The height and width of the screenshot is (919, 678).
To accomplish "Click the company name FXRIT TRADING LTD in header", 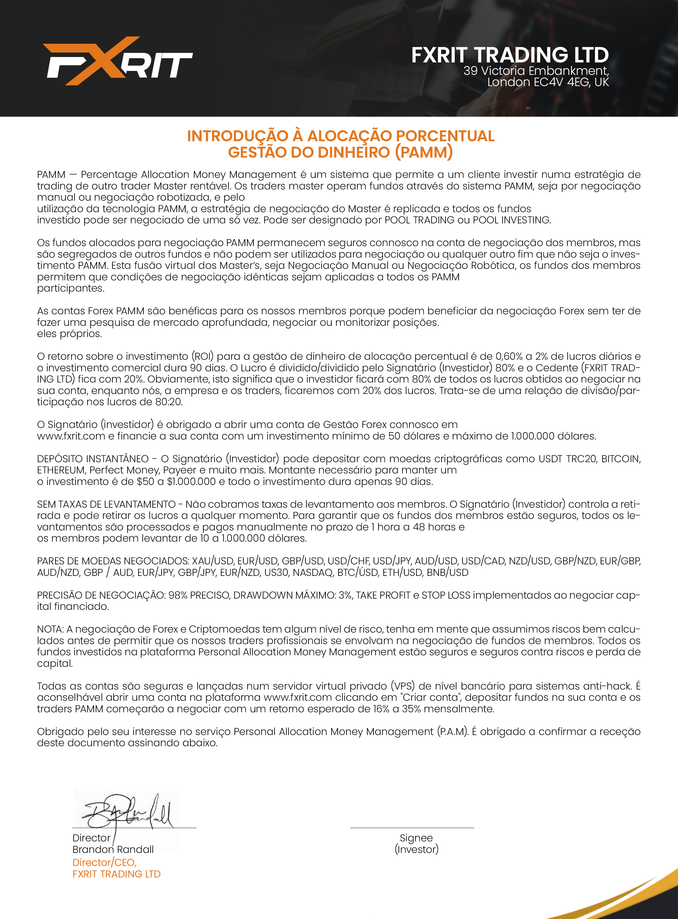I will tap(510, 55).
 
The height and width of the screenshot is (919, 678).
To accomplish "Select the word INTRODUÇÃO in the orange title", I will tap(238, 136).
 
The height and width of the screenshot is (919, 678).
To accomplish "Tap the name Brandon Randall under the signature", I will tap(113, 849).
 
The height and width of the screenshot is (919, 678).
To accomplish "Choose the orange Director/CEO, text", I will tap(104, 862).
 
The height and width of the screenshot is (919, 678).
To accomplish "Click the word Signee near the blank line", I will tap(416, 838).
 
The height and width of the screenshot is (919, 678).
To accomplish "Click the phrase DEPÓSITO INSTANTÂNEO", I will tap(93, 459).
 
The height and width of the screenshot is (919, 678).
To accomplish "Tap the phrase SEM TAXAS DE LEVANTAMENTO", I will tap(106, 504).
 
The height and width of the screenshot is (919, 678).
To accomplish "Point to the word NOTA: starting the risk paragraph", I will tap(50, 629).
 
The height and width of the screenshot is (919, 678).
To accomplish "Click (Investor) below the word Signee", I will tap(416, 849).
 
